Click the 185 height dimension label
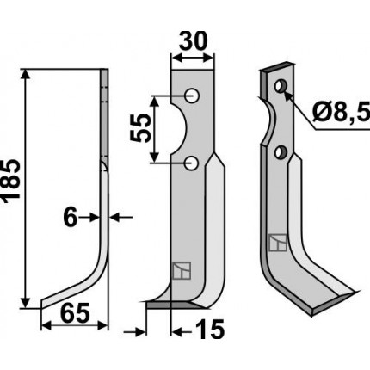(11, 180)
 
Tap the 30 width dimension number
(193, 41)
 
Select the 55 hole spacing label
(141, 128)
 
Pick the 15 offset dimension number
(210, 330)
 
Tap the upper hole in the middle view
(192, 96)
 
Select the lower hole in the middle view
(192, 163)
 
